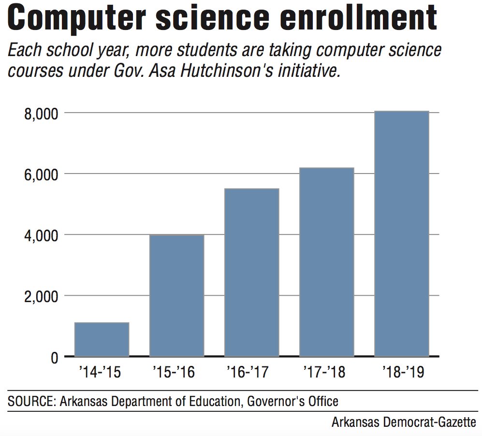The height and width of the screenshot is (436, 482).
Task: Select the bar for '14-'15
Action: pyautogui.click(x=102, y=339)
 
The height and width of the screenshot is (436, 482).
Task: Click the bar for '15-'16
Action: pyautogui.click(x=176, y=296)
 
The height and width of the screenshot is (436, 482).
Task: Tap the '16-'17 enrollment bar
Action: pyautogui.click(x=251, y=273)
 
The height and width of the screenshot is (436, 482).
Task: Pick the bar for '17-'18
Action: pyautogui.click(x=327, y=262)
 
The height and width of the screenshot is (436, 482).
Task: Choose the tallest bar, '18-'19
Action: pyautogui.click(x=402, y=234)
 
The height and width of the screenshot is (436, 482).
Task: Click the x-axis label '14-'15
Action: pyautogui.click(x=102, y=373)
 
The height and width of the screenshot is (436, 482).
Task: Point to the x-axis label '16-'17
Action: pyautogui.click(x=251, y=373)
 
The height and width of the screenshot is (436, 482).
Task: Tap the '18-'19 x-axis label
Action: pyautogui.click(x=402, y=373)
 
